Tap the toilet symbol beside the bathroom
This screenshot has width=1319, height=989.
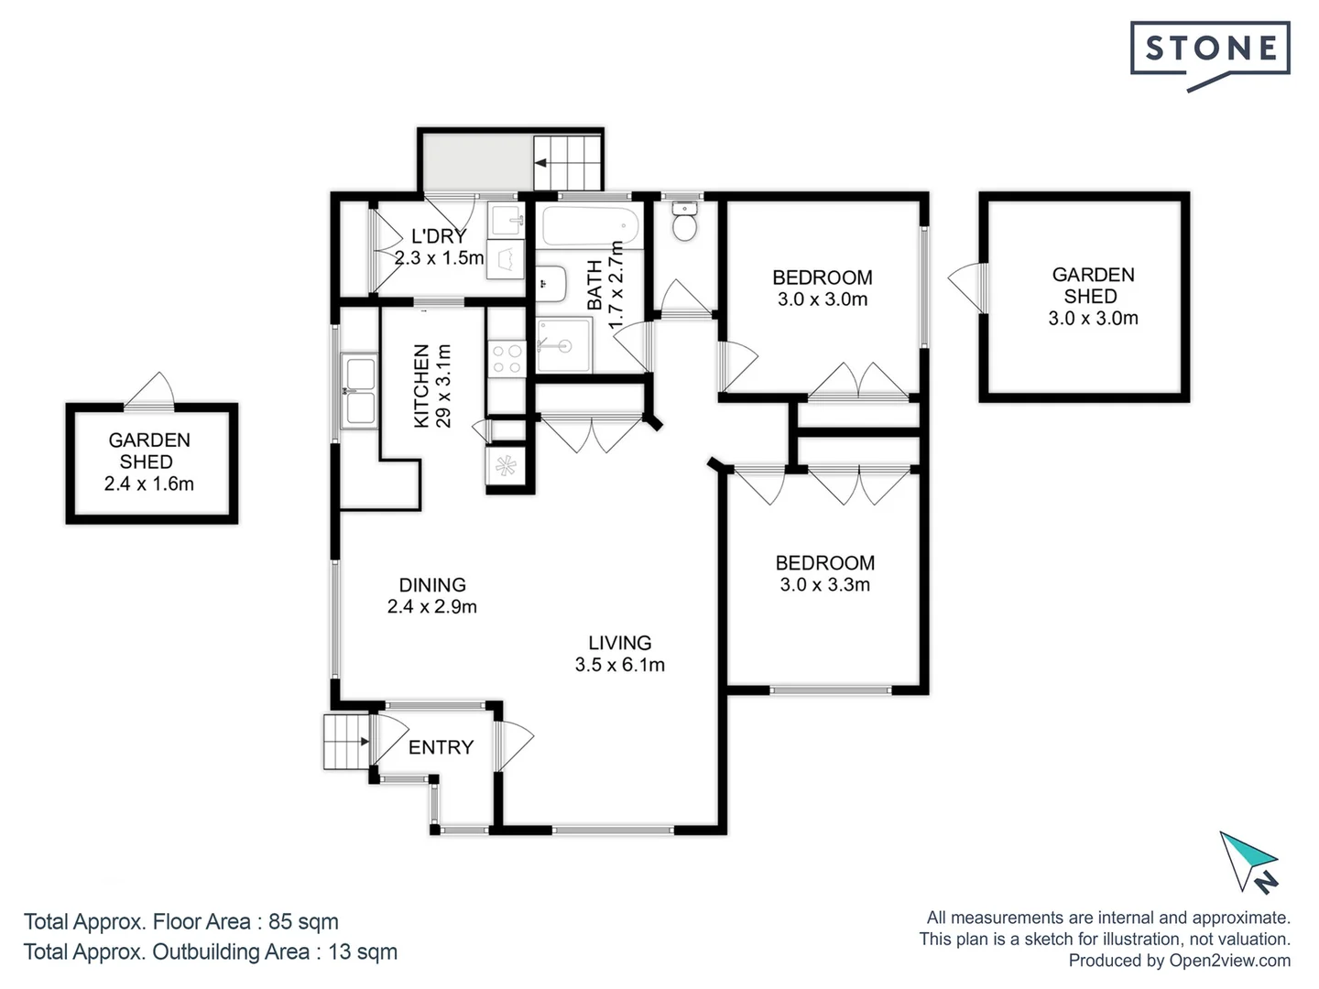(684, 221)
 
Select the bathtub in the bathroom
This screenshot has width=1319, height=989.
(590, 224)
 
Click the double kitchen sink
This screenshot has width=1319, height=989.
(358, 391)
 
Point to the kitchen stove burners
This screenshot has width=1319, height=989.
(507, 358)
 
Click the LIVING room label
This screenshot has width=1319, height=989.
(620, 643)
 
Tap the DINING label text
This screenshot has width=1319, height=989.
(432, 584)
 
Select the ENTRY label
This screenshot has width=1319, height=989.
(441, 747)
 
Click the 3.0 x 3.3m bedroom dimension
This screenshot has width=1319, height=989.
(824, 584)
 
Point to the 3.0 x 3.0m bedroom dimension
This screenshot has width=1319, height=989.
(822, 299)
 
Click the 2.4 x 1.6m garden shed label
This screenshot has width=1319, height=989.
(149, 484)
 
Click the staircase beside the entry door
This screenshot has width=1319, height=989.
(345, 742)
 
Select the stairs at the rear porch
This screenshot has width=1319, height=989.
(567, 161)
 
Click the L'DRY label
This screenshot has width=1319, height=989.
(439, 236)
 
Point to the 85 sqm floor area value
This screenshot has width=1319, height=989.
(303, 921)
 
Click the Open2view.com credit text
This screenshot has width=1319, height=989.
(1229, 961)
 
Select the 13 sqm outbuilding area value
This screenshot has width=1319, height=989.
(363, 951)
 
